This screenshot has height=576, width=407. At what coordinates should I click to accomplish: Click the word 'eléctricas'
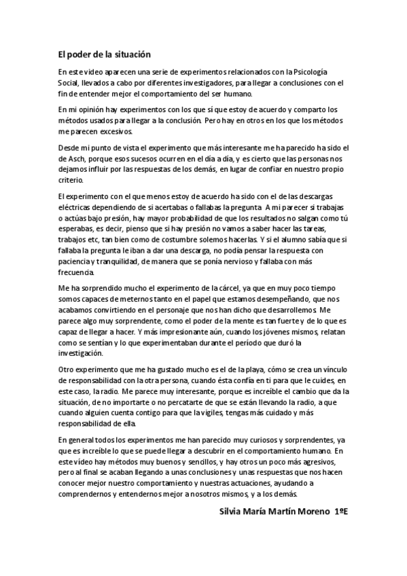point(75,207)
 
